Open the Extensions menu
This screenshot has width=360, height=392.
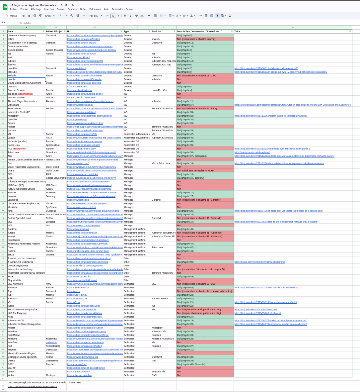coord(95,9)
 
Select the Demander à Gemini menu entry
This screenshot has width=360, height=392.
coord(122,9)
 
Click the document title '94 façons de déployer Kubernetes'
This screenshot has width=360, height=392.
coord(33,5)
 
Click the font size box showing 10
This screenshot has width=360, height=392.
coord(113,16)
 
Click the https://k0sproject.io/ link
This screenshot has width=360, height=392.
coord(77,295)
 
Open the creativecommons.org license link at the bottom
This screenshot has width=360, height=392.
coord(33,386)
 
